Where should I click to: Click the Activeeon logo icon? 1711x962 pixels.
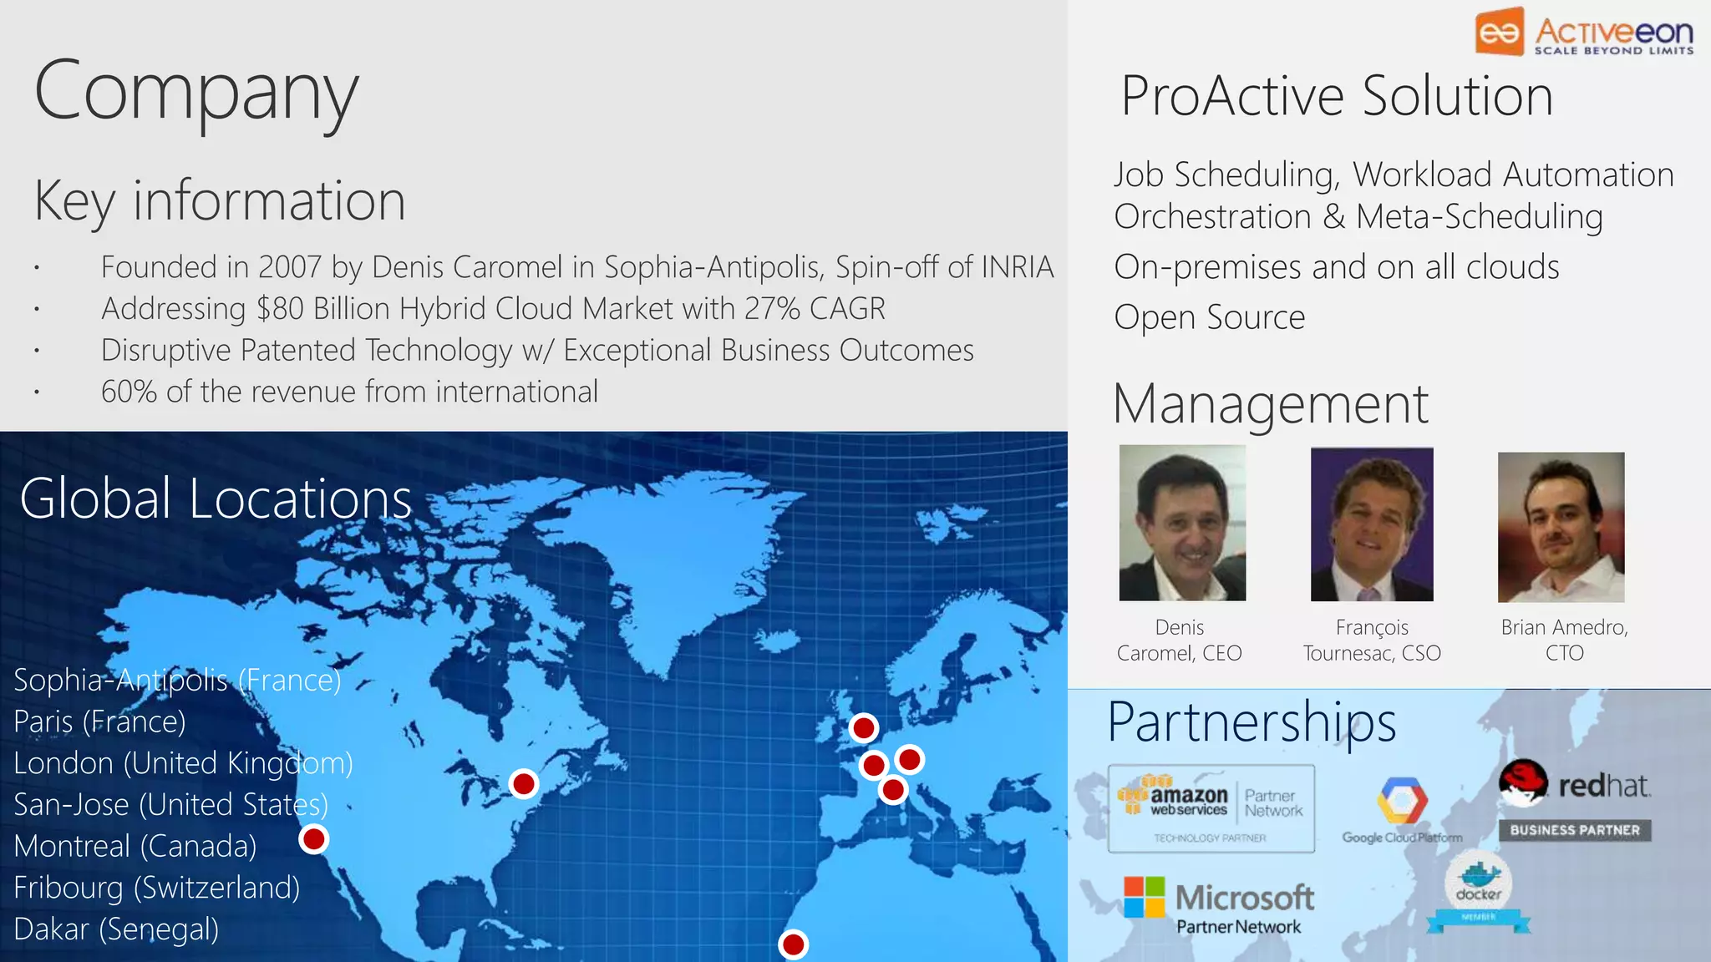point(1500,32)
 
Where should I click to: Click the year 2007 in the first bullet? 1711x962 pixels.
point(290,267)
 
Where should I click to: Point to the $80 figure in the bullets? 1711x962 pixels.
point(280,309)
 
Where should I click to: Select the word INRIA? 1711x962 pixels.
point(1017,267)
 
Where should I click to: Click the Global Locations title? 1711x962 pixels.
point(216,499)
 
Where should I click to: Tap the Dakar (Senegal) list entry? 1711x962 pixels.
point(116,929)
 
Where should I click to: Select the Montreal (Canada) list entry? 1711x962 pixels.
point(135,846)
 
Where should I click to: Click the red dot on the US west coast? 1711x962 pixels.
point(314,838)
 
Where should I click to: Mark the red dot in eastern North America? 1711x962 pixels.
point(524,784)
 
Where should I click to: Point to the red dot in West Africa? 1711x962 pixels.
point(793,944)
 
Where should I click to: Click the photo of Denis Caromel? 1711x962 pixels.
point(1182,523)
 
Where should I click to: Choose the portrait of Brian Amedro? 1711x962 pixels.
point(1561,527)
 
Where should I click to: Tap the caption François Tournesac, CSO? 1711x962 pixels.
point(1372,640)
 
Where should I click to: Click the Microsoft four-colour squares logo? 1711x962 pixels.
point(1144,897)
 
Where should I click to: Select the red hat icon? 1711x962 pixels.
point(1522,782)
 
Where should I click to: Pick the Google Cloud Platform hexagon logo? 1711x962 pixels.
point(1402,800)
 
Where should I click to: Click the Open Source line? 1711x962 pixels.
point(1209,317)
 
